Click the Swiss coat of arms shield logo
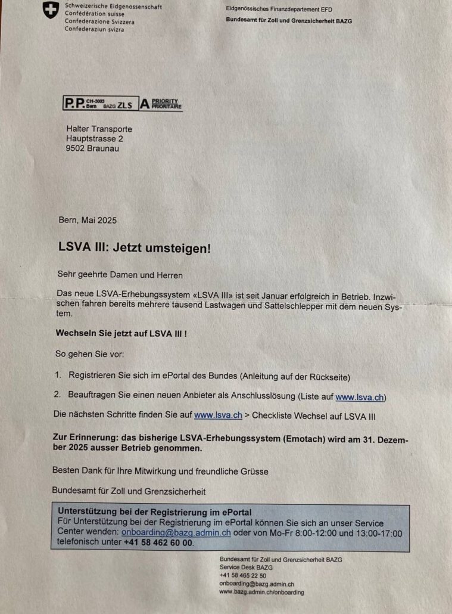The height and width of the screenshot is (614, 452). click(x=51, y=10)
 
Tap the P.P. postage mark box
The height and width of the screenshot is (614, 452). click(x=99, y=104)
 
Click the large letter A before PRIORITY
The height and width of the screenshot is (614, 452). click(x=144, y=104)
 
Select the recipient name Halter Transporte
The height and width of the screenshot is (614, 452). click(x=99, y=129)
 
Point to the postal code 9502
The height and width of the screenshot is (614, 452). click(x=76, y=148)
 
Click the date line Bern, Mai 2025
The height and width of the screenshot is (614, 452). click(x=88, y=220)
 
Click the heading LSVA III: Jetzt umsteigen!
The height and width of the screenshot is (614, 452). click(x=135, y=247)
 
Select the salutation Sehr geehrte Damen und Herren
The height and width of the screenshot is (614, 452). click(x=120, y=275)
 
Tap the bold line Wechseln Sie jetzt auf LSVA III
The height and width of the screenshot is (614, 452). click(x=121, y=334)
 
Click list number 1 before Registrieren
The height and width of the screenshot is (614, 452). click(x=58, y=376)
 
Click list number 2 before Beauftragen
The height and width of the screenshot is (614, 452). click(x=58, y=396)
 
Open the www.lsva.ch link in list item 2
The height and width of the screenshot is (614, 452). click(x=355, y=396)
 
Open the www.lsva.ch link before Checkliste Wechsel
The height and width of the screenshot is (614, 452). click(x=218, y=415)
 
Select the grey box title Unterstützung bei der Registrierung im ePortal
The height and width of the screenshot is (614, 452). click(x=154, y=512)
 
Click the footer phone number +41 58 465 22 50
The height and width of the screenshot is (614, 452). click(x=242, y=576)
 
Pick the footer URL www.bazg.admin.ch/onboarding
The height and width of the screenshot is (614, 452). click(x=261, y=592)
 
